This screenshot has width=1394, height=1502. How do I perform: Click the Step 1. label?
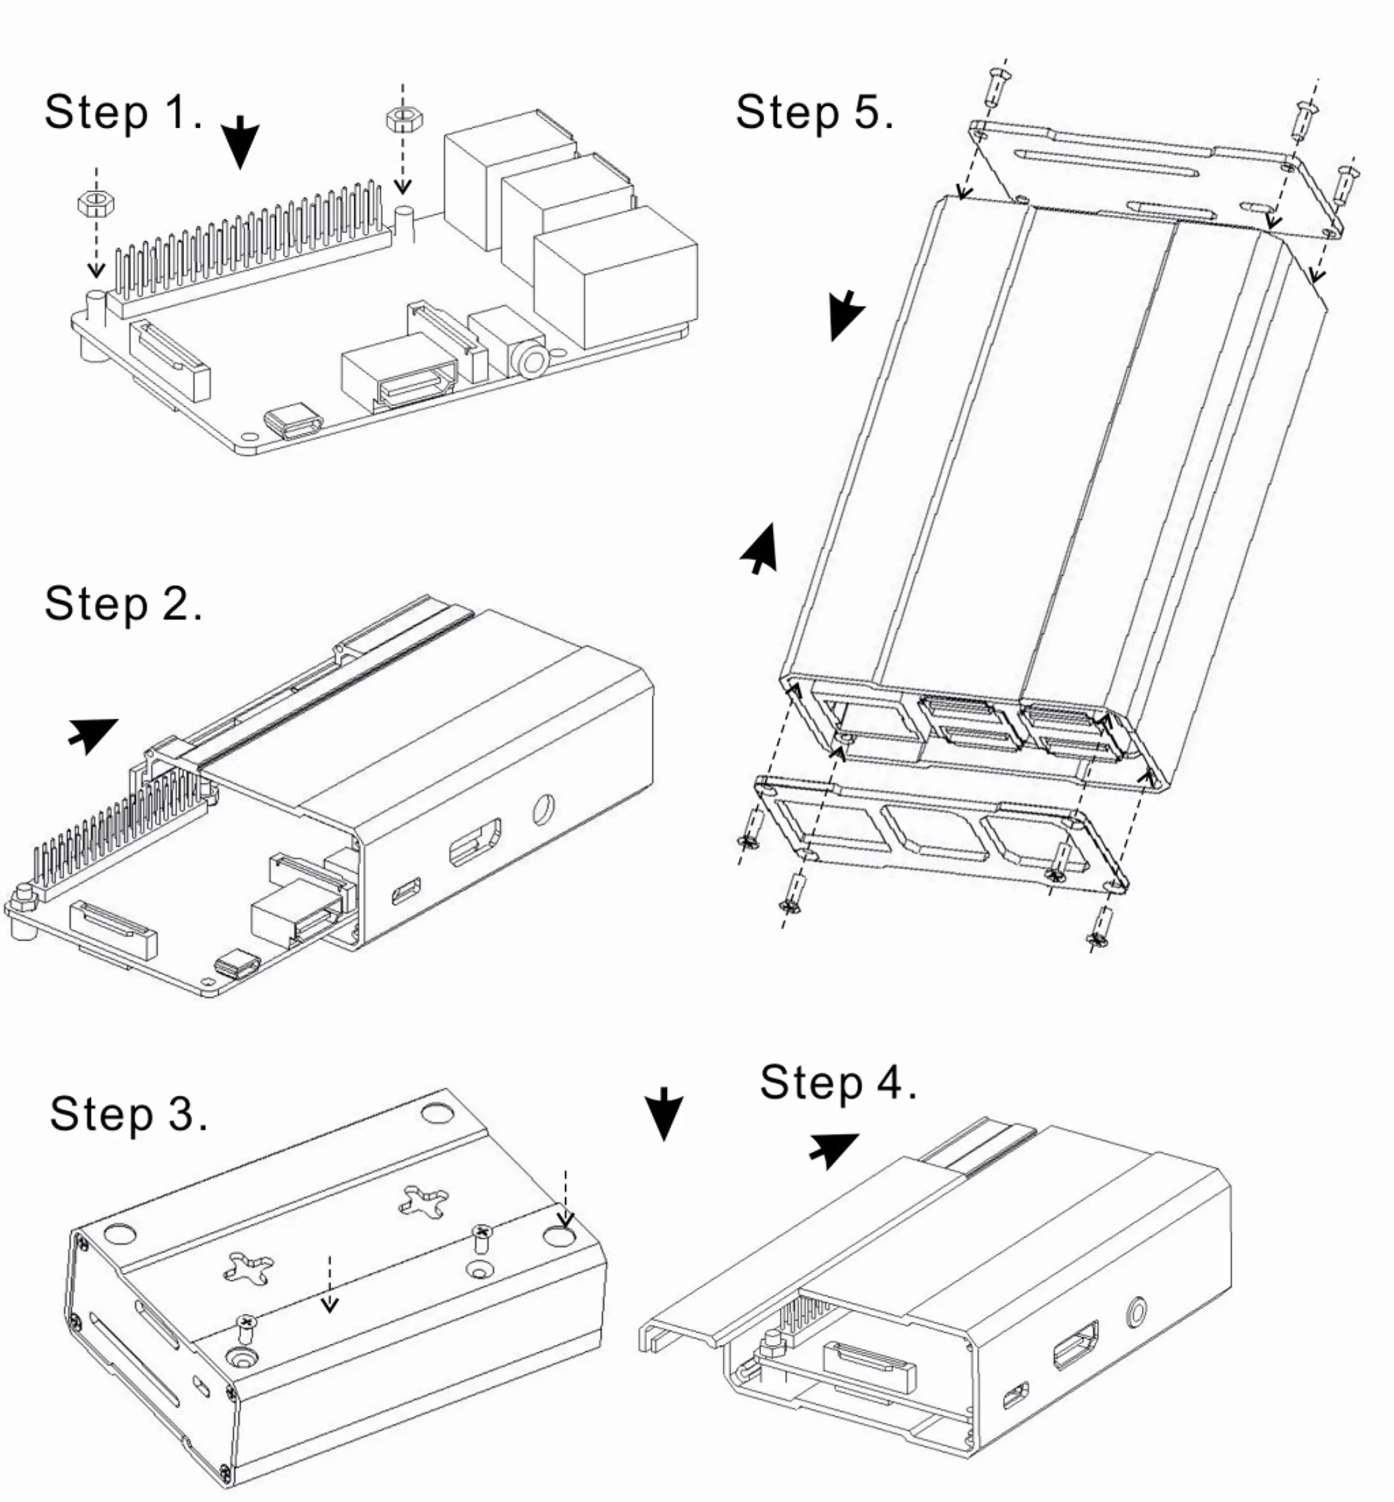pyautogui.click(x=123, y=113)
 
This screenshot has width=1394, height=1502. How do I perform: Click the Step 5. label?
pyautogui.click(x=814, y=113)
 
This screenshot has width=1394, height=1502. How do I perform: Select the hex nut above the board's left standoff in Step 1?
pyautogui.click(x=96, y=203)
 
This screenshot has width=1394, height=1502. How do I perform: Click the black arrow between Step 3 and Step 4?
pyautogui.click(x=664, y=1113)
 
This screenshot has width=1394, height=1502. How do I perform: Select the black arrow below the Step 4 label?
pyautogui.click(x=833, y=1148)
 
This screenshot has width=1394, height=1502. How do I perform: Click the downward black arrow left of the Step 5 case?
pyautogui.click(x=845, y=314)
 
